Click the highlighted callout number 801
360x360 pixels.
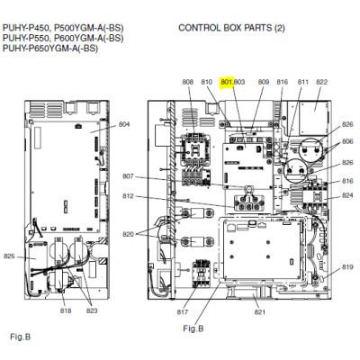coord(227,82)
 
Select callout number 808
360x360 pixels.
coord(188,82)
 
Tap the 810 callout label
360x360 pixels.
coord(207,82)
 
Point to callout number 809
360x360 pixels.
coord(264,82)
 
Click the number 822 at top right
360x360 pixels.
coord(322,82)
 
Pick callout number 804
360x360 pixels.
coord(124,124)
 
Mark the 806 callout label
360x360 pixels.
coord(347,141)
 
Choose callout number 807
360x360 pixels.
coord(128,176)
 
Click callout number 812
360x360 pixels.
coord(128,196)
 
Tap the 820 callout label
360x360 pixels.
coord(128,234)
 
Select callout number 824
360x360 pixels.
coord(347,195)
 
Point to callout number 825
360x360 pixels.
coord(9,256)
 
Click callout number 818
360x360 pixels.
coord(66,310)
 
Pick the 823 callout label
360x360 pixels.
coord(92,310)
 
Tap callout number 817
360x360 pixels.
coord(183,312)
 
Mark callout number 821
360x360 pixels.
coord(260,312)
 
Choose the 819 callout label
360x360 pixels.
coord(347,267)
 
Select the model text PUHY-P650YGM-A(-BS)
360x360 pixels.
coord(50,49)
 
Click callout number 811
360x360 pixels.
coord(303,82)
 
